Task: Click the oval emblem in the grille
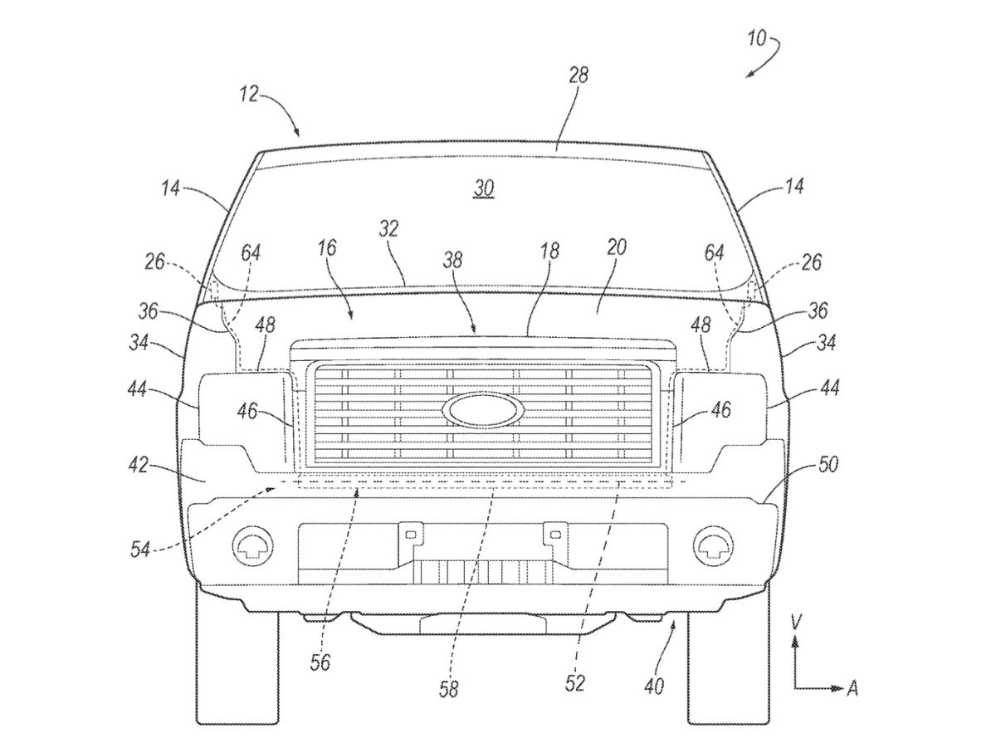[x=482, y=408]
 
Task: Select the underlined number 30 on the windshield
[x=484, y=190]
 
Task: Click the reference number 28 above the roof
[x=579, y=75]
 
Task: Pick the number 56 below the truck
[x=320, y=662]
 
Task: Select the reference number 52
[x=575, y=682]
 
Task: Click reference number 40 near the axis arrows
[x=653, y=686]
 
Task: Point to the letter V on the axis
[x=796, y=620]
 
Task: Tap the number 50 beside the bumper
[x=828, y=465]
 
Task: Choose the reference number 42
[x=139, y=466]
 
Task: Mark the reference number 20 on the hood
[x=617, y=247]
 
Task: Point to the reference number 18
[x=549, y=251]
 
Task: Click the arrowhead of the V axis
[x=796, y=640]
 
